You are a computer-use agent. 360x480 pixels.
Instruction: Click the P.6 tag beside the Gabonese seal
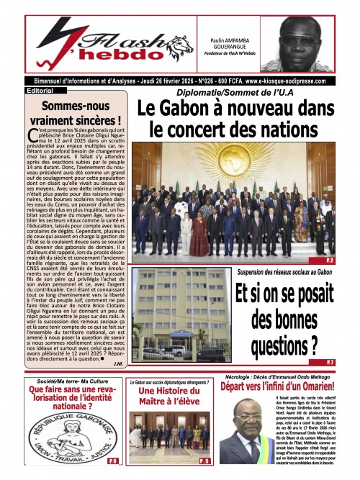[112, 459]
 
